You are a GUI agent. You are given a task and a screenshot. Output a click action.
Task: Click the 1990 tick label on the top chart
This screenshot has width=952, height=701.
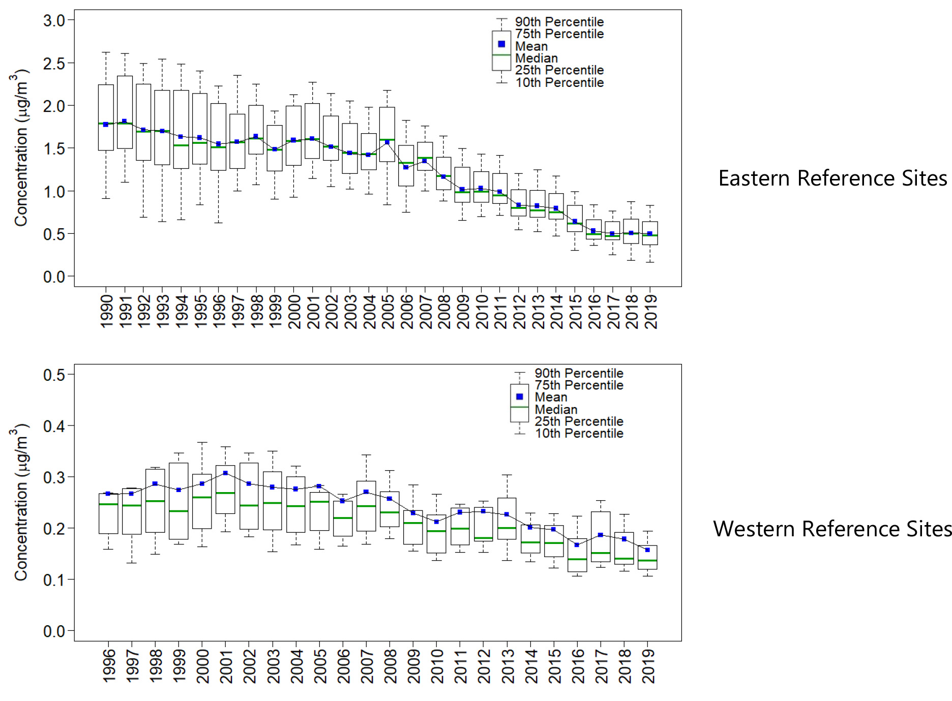click(106, 311)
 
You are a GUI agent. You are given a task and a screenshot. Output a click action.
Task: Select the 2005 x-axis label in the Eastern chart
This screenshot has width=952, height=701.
click(388, 311)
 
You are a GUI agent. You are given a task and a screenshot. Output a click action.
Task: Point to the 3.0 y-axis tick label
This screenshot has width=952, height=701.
click(54, 21)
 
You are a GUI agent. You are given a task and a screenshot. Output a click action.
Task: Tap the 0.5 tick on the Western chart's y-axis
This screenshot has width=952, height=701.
click(54, 375)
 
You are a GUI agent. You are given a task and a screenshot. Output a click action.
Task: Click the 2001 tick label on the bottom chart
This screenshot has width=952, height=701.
click(226, 665)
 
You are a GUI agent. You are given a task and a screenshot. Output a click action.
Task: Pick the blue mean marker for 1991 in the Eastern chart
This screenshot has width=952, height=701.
click(125, 121)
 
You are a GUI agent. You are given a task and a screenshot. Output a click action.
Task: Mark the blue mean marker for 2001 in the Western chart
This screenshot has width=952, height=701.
click(225, 473)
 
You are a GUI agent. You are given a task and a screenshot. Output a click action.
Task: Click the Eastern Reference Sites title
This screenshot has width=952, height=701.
click(832, 178)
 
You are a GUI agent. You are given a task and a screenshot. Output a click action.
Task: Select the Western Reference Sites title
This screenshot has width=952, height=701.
click(832, 529)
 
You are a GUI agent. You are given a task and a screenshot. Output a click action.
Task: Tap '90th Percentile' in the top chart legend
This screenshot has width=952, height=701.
click(559, 22)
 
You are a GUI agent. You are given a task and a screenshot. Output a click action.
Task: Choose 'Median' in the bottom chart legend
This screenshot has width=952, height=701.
click(556, 409)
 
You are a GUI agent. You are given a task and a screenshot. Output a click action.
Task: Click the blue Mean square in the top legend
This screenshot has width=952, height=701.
click(501, 44)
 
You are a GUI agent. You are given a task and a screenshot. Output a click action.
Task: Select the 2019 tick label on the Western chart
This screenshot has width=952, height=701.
click(648, 665)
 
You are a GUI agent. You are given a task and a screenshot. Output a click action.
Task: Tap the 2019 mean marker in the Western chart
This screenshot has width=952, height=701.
click(647, 550)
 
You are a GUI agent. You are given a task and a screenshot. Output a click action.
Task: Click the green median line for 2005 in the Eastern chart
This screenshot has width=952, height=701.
click(388, 140)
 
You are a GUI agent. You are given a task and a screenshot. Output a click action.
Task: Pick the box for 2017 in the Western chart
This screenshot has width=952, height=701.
click(601, 537)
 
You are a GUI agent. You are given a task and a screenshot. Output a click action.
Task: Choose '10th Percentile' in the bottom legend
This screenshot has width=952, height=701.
click(579, 433)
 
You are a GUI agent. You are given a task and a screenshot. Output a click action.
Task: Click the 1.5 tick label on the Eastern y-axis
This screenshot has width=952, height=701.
click(54, 149)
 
